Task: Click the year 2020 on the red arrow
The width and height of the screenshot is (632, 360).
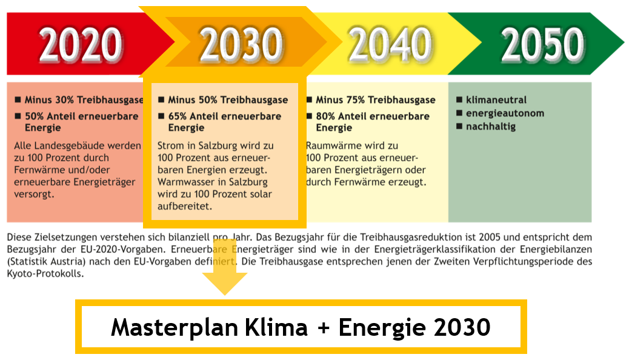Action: point(81,44)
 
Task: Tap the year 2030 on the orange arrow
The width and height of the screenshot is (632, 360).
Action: point(241,44)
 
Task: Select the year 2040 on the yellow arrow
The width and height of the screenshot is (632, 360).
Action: point(390,44)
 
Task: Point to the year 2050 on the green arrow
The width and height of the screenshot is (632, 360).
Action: point(542,44)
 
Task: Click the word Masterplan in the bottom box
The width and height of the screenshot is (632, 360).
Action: point(174,327)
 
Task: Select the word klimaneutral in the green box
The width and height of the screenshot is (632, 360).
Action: point(496,100)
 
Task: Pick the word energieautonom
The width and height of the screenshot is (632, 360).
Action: point(505,113)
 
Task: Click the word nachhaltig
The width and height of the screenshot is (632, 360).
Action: point(491,127)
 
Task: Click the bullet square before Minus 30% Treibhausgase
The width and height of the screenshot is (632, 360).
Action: point(18,99)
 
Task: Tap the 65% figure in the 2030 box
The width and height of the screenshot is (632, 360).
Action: point(178,116)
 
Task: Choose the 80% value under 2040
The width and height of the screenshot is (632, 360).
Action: point(325,116)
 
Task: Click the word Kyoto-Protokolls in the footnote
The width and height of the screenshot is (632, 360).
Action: point(45,274)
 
